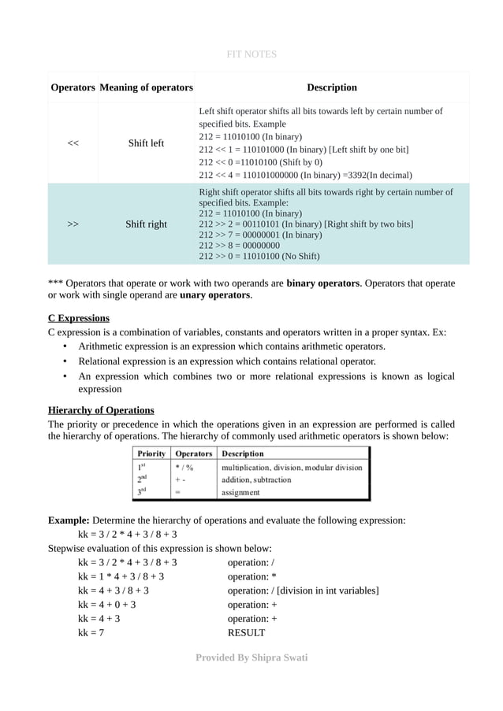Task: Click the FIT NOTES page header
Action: pyautogui.click(x=251, y=54)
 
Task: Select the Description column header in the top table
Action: pyautogui.click(x=331, y=87)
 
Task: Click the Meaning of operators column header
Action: pyautogui.click(x=146, y=87)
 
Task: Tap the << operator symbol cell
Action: pyautogui.click(x=73, y=143)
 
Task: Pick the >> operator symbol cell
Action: pyautogui.click(x=73, y=224)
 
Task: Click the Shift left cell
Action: pyautogui.click(x=146, y=143)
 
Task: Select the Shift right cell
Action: pyautogui.click(x=146, y=224)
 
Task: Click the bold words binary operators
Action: pyautogui.click(x=322, y=282)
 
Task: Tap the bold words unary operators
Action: pyautogui.click(x=215, y=295)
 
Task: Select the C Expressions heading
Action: pyautogui.click(x=79, y=318)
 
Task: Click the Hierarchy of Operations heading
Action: pyautogui.click(x=101, y=410)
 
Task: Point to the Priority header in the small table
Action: pyautogui.click(x=151, y=454)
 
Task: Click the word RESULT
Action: pyautogui.click(x=246, y=632)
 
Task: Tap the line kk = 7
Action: pyautogui.click(x=91, y=632)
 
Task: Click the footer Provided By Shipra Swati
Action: pyautogui.click(x=251, y=657)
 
